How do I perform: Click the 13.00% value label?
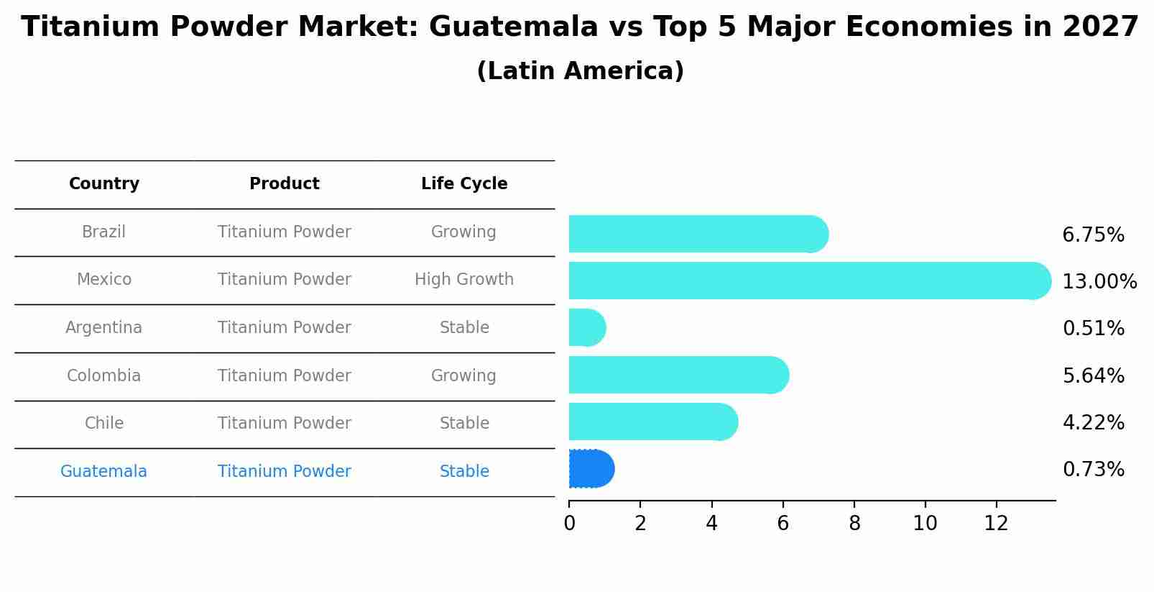1099,281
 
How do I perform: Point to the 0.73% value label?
1093,470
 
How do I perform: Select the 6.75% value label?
1093,235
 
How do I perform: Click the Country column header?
104,184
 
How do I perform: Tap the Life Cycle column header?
464,184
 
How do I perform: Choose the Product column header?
285,184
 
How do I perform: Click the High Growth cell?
464,279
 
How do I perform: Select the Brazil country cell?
104,232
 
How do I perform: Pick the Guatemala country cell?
104,471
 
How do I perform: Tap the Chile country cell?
104,423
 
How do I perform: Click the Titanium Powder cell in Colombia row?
285,375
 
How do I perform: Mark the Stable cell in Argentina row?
464,327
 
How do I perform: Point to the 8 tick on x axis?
854,524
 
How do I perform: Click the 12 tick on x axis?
997,524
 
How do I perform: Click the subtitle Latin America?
580,71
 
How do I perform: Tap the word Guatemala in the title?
513,27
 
